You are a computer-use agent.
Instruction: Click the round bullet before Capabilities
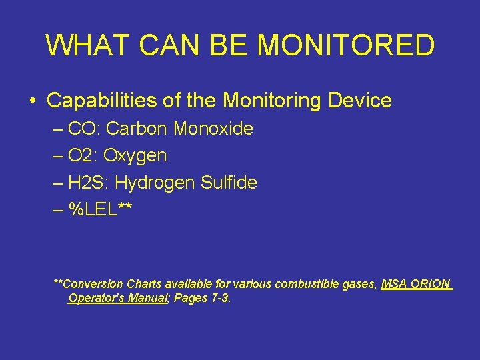click(32, 101)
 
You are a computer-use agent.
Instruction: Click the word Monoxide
click(213, 129)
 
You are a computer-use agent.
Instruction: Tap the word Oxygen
click(135, 156)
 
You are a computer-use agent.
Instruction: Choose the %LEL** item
click(99, 209)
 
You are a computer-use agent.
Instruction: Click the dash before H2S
click(58, 183)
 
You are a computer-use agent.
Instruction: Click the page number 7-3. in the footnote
click(219, 298)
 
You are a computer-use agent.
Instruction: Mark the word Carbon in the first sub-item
click(137, 129)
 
